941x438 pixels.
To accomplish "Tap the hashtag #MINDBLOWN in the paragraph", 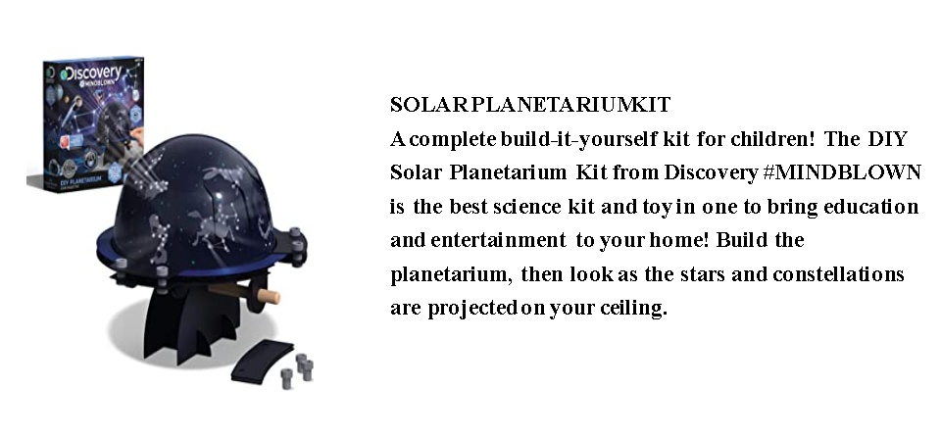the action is point(842,172).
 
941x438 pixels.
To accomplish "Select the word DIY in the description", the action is point(887,138).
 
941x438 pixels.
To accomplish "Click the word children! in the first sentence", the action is point(772,138).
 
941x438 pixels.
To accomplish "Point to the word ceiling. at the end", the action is point(634,308).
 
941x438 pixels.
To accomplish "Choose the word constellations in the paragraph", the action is point(838,273).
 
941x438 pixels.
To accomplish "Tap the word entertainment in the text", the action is point(498,240).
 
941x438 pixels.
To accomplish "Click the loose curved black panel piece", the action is point(262,361).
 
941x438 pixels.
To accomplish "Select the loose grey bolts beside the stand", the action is point(298,370).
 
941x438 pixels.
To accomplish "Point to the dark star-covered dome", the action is point(192,198).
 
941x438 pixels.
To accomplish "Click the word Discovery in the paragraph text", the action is point(712,172).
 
